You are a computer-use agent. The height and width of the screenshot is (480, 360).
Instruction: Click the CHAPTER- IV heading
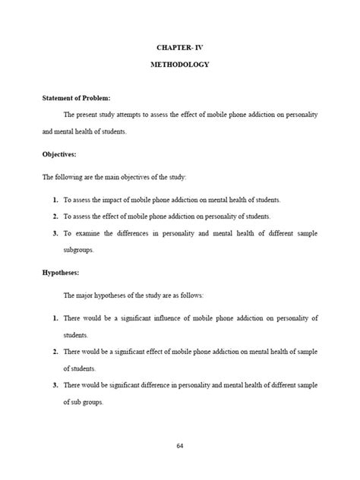[179, 48]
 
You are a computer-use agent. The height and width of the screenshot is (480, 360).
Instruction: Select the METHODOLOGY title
[179, 65]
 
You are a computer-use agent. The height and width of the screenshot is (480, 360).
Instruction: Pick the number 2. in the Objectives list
[55, 216]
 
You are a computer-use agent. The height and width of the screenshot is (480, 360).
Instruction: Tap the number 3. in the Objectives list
[55, 232]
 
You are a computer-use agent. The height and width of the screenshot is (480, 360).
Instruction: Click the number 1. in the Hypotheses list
[55, 315]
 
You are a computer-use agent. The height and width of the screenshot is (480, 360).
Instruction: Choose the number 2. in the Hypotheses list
[55, 352]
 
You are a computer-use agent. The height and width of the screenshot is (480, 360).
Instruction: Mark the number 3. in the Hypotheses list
[55, 386]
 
